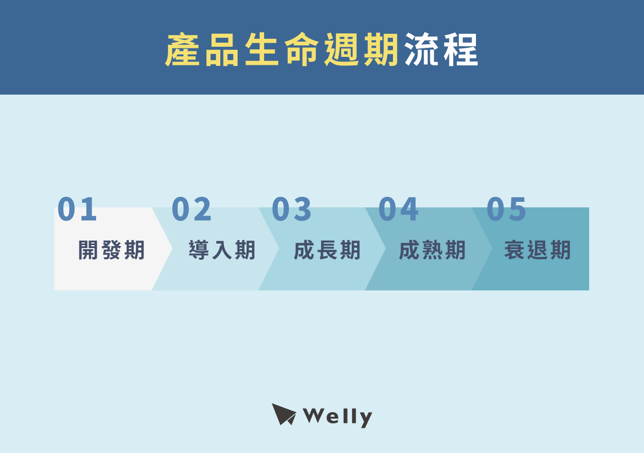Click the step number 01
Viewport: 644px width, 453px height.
(x=77, y=209)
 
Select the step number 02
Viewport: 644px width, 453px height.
(x=192, y=209)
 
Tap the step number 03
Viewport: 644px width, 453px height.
(x=292, y=209)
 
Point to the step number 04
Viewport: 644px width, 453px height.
(x=398, y=209)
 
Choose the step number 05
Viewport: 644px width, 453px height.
(x=507, y=209)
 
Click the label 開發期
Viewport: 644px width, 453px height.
(x=112, y=250)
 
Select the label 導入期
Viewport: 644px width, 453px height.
(x=222, y=250)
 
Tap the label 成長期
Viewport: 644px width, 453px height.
(x=328, y=250)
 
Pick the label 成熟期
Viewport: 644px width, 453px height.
(x=433, y=250)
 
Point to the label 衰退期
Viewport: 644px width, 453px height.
(x=538, y=250)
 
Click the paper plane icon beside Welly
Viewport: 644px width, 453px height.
(x=283, y=414)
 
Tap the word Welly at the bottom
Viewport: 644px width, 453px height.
(x=338, y=416)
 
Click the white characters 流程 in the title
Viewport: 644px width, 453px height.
(x=441, y=50)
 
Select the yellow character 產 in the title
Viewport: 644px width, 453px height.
(x=183, y=50)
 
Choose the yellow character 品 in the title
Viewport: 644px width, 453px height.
(x=222, y=50)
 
